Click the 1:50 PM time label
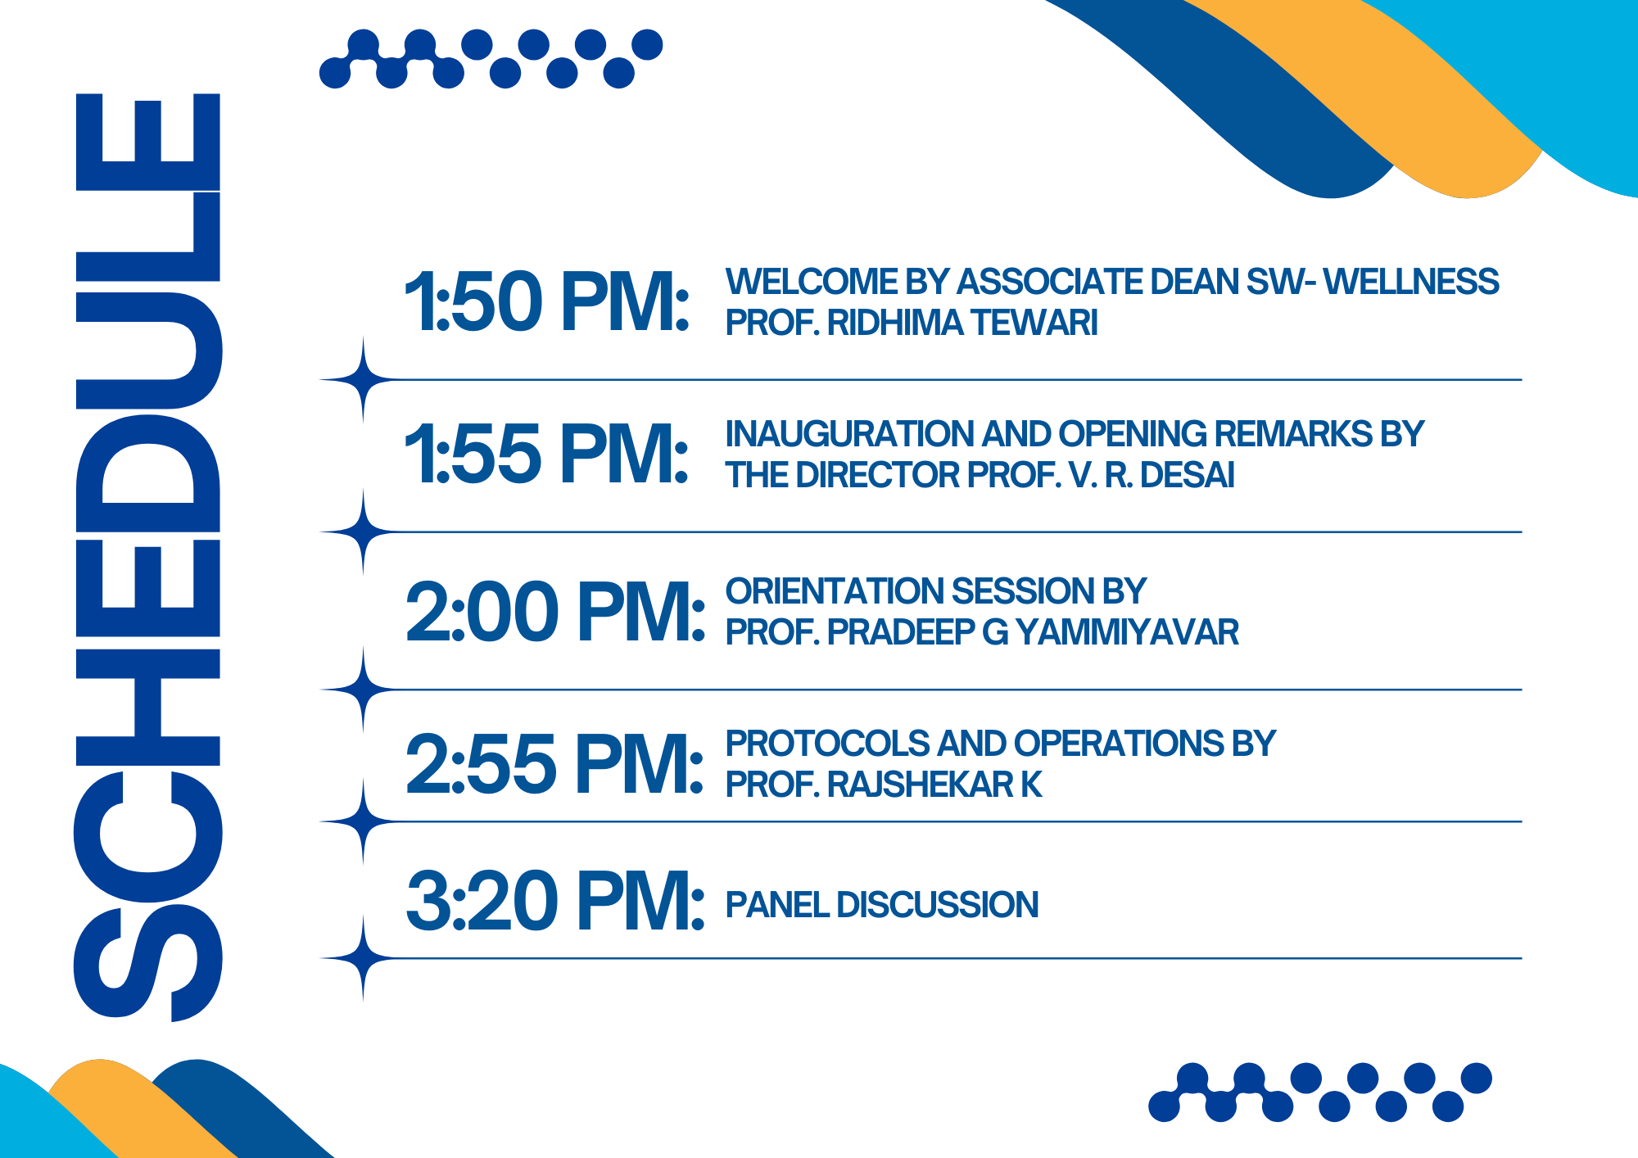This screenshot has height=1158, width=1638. (547, 301)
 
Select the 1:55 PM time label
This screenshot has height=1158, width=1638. (547, 453)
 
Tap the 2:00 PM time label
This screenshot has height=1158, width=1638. (555, 611)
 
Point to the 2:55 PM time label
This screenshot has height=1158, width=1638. (554, 764)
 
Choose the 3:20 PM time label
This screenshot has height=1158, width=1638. (555, 901)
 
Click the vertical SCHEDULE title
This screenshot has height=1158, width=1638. (148, 557)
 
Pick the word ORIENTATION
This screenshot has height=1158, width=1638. (834, 591)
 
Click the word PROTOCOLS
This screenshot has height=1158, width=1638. (827, 744)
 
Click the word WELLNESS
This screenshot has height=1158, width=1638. (1411, 282)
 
